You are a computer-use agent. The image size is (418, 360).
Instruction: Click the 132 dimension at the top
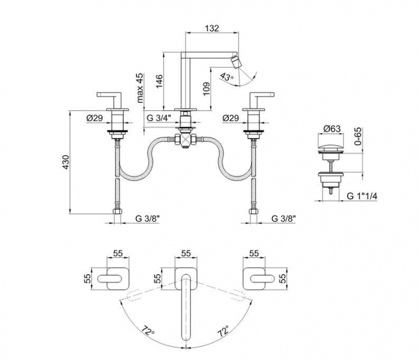(212, 28)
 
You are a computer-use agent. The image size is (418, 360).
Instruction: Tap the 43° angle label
(226, 76)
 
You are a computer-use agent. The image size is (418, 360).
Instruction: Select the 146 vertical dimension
(159, 81)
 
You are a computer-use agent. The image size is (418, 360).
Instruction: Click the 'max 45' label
(139, 88)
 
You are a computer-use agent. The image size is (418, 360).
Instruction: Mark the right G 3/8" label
(283, 218)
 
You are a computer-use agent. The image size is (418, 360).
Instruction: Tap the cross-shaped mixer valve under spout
(187, 140)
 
